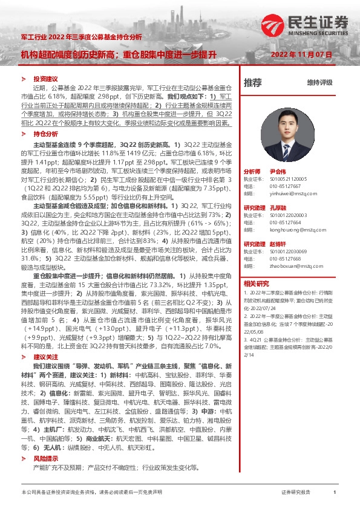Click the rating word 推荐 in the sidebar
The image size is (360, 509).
pos(253,82)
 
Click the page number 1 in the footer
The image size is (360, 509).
pos(335,493)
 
